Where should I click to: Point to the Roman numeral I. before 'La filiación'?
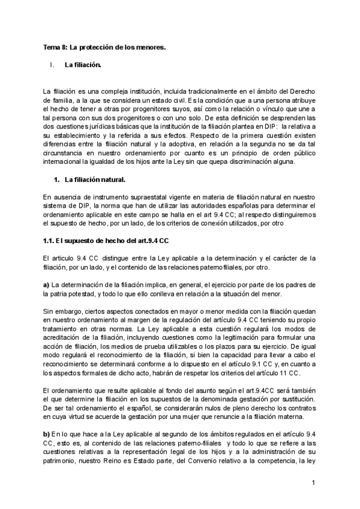53,64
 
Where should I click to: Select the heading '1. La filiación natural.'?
94,179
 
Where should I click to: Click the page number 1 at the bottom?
313,482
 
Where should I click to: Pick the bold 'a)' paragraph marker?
46,284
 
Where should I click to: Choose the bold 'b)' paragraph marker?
46,433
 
